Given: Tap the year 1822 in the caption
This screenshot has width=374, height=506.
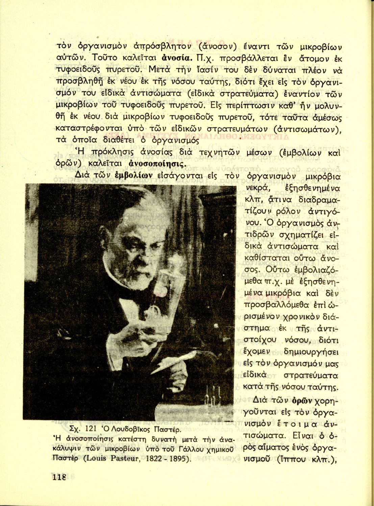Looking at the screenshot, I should [154, 459].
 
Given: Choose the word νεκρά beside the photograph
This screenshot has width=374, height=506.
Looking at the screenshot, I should [256, 188].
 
